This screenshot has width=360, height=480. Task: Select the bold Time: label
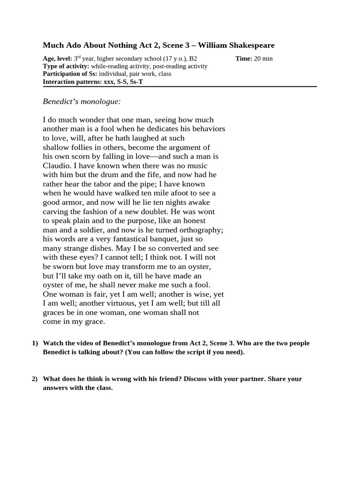point(244,59)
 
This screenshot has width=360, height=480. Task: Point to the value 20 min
point(263,59)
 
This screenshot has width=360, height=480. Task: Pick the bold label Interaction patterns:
point(72,82)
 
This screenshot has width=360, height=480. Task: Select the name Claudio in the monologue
point(56,165)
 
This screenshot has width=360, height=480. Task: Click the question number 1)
point(35,343)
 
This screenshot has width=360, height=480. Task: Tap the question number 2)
point(35,379)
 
